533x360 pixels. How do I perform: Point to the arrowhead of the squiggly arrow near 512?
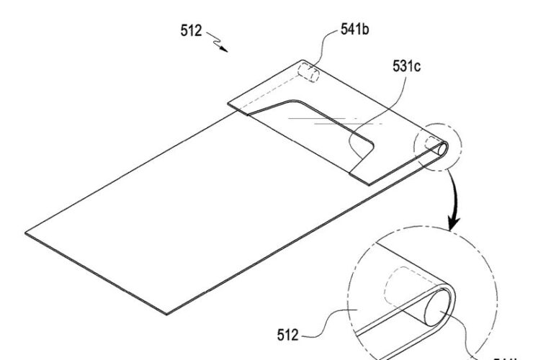[x=225, y=50]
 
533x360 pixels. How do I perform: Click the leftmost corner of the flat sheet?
[x=26, y=232]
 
